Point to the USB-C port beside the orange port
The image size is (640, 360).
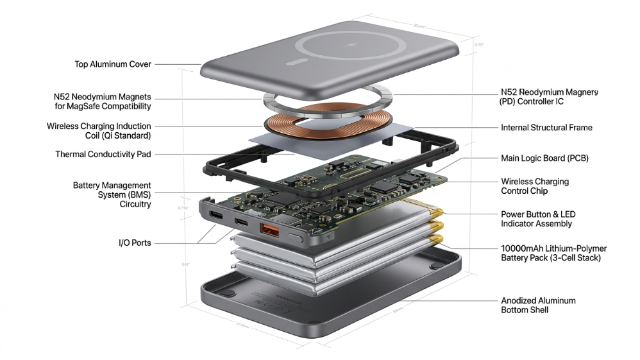[x=241, y=222]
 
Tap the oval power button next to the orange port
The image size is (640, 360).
[x=296, y=237]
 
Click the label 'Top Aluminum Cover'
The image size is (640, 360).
[x=113, y=64]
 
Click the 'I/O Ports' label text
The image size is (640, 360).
[x=135, y=243]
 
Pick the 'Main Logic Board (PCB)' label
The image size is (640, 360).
[x=544, y=158]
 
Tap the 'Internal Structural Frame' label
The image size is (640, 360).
[x=546, y=128]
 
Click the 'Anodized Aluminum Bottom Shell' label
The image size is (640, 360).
[x=538, y=305]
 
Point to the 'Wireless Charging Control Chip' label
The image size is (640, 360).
[x=534, y=186]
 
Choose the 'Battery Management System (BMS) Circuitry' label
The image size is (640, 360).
[x=112, y=194]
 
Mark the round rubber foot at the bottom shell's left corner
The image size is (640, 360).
[x=225, y=293]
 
